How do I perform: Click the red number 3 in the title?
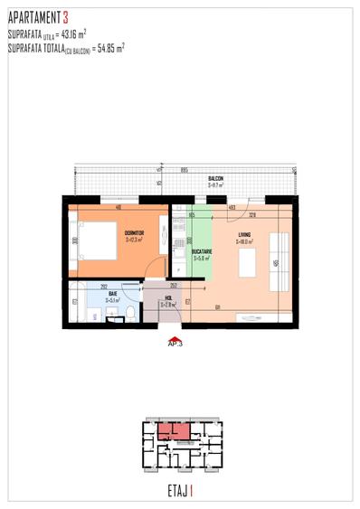tap(65, 16)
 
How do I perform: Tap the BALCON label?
tap(214, 178)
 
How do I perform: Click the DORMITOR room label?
tap(135, 232)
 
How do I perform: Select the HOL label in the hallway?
tap(168, 299)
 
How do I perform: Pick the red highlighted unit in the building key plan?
tap(174, 432)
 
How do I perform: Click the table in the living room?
tap(245, 265)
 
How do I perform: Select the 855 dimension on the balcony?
tap(184, 170)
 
